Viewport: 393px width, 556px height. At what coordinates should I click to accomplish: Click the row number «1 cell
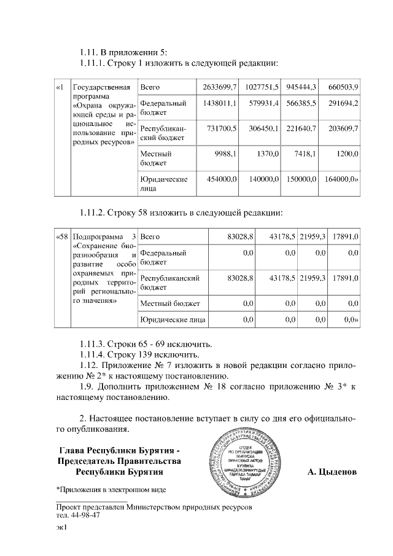(x=60, y=87)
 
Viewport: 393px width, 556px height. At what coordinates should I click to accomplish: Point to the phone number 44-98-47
(x=85, y=515)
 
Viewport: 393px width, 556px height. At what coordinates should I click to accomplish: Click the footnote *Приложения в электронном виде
(x=111, y=490)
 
